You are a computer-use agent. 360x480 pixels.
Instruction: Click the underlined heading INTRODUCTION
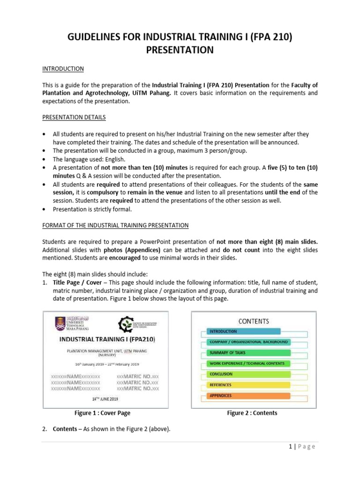(x=63, y=69)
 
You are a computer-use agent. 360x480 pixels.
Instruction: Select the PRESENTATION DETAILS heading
(x=74, y=117)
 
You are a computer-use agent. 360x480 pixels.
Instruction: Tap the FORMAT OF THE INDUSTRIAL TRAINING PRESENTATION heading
(x=115, y=225)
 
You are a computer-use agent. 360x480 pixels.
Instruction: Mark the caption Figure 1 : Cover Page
(x=102, y=413)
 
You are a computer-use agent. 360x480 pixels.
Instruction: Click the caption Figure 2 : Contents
(x=252, y=413)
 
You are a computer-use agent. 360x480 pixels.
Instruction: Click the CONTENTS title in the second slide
(x=254, y=321)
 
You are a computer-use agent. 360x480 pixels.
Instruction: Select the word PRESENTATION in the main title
(x=180, y=50)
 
